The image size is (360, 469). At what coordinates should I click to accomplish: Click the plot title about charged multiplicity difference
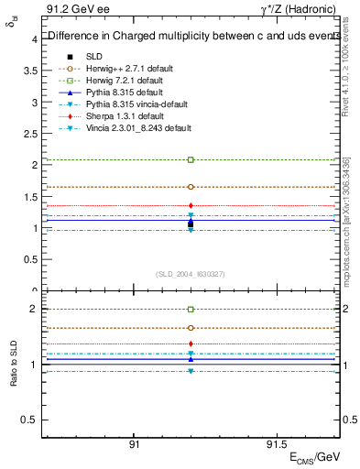point(188,37)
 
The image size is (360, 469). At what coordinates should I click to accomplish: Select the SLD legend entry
point(94,56)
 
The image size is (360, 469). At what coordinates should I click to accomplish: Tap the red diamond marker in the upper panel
point(191,205)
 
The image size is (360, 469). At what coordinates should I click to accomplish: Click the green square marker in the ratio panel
point(191,310)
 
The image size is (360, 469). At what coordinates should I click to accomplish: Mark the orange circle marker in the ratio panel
point(191,327)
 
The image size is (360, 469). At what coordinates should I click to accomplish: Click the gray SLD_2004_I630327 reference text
point(191,274)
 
